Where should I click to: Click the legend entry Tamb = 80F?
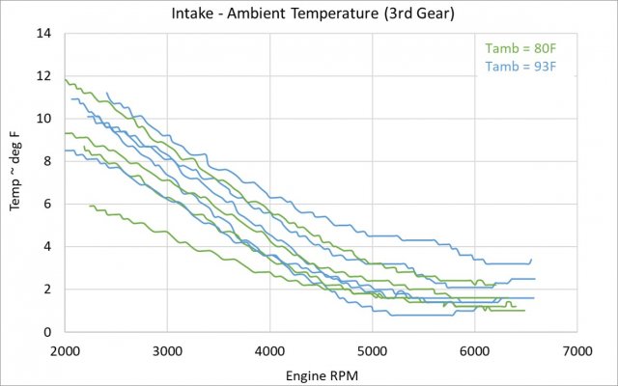(x=517, y=48)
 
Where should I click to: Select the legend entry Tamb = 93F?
(x=517, y=66)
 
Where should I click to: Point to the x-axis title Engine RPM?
(x=320, y=372)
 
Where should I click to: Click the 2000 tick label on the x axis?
(x=65, y=348)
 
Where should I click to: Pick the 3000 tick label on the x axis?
(x=167, y=348)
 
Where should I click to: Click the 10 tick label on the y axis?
(x=44, y=119)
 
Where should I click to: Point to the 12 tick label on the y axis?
(x=44, y=76)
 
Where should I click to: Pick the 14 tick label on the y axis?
(x=44, y=34)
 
